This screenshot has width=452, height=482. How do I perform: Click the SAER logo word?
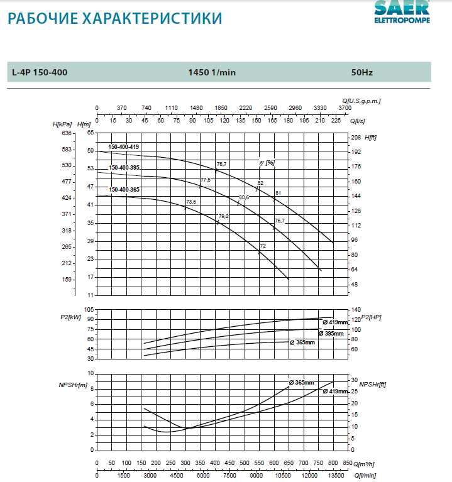(402, 8)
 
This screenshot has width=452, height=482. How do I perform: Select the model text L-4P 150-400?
(40, 72)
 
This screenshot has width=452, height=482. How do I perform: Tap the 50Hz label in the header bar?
(362, 72)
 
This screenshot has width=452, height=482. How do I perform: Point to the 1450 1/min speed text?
(212, 72)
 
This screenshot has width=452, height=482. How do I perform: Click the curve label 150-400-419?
(124, 147)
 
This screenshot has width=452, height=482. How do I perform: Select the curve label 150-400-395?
(124, 168)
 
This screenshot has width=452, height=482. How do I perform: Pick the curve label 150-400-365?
(124, 189)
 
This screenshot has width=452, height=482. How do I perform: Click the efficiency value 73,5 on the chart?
(191, 202)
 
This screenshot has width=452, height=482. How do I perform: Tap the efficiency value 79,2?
(223, 217)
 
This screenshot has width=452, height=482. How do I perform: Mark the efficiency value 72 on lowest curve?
(263, 246)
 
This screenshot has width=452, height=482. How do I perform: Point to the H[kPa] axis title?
(63, 124)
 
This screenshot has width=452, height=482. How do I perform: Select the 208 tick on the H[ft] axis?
(356, 137)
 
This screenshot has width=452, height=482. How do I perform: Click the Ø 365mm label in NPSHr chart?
(301, 383)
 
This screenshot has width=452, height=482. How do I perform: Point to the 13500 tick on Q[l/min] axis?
(333, 476)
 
